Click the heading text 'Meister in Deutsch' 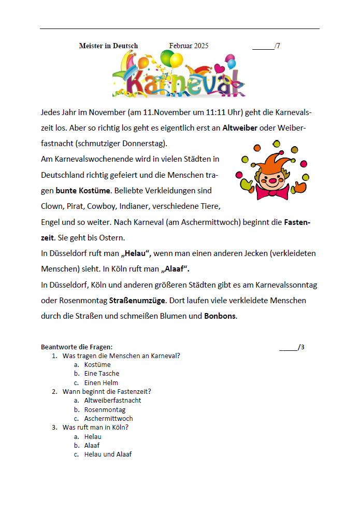[x=108, y=46]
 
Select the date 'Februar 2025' [x=189, y=46]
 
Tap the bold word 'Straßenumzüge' [x=137, y=300]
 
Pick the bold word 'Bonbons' [x=220, y=316]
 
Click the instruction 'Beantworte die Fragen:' [x=77, y=347]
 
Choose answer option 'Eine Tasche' [x=102, y=373]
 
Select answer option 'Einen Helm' [x=101, y=382]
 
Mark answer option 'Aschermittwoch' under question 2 [x=108, y=418]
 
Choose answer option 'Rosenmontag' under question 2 [x=105, y=409]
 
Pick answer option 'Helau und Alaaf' [x=108, y=454]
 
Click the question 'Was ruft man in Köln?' [x=95, y=427]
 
